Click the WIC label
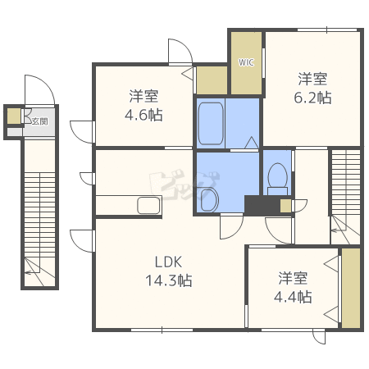pos(246,62)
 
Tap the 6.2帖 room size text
pos(312,98)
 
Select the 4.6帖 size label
pos(143,115)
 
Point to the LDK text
pos(168,262)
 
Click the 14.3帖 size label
pos(169,280)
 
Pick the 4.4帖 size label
pos(293,297)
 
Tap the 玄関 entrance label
pos(40,121)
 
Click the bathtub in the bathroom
pos(211,124)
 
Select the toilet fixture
pos(278,179)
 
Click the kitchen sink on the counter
pos(148,205)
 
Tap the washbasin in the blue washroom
pos(209,199)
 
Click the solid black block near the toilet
pos(262,205)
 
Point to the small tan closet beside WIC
pos(212,80)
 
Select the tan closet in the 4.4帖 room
pos(351,288)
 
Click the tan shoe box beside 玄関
pos(14,116)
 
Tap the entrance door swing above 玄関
pos(40,89)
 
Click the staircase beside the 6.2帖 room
pos(346,197)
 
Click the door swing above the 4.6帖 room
pos(180,51)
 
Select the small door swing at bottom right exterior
pos(319,337)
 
